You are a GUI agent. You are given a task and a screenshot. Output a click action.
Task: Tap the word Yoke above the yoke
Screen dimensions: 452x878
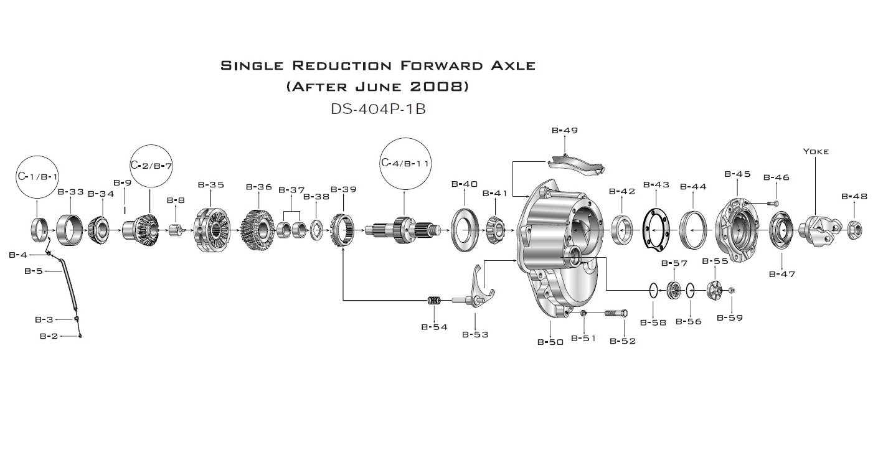pos(816,151)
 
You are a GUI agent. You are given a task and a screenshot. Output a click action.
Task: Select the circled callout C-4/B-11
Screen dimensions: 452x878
pos(404,163)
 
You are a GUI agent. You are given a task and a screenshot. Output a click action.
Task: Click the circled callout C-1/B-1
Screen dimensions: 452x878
pos(37,176)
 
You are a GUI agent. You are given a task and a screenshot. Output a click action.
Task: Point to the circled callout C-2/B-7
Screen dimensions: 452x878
pos(151,166)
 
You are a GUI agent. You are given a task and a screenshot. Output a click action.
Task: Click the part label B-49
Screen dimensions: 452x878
pos(565,131)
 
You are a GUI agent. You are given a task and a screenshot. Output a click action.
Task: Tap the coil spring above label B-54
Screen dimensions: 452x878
pos(434,301)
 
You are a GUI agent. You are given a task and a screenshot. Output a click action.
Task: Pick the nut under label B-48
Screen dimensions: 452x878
pos(854,230)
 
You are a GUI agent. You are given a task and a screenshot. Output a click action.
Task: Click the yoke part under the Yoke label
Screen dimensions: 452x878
pos(818,230)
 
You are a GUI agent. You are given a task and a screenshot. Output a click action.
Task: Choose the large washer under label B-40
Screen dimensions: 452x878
pos(465,230)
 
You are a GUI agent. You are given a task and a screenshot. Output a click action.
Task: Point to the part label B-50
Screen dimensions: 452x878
pos(550,342)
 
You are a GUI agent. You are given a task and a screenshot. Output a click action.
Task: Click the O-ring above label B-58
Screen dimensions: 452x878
pos(653,290)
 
